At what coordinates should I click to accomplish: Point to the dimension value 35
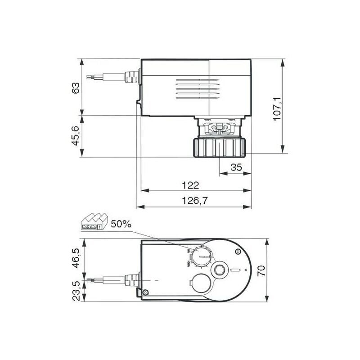point(236,167)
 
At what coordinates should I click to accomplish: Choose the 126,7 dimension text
point(194,201)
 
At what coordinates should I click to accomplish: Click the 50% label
point(121,224)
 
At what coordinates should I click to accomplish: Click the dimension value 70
point(261,270)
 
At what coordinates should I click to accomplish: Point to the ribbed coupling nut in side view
point(220,147)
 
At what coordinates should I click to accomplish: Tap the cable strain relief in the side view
point(131,77)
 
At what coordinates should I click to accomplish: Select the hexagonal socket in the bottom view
point(220,270)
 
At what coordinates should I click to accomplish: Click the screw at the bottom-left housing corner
point(145,293)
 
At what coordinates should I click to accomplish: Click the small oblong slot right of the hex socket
point(235,270)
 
